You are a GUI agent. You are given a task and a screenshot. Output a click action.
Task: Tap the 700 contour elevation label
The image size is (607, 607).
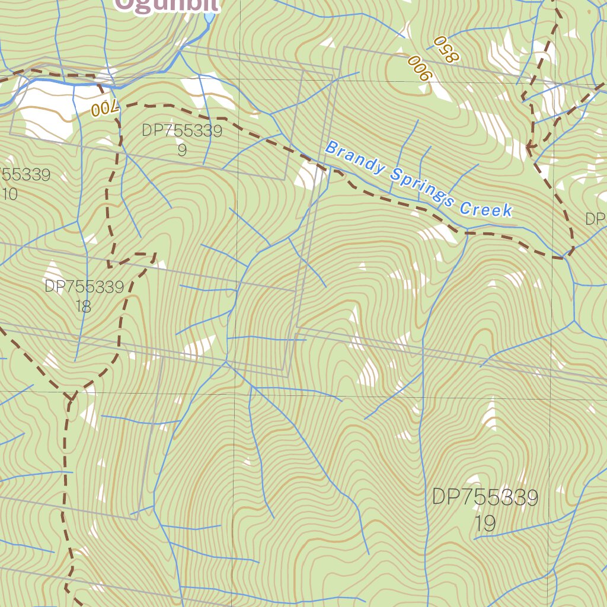tap(106, 108)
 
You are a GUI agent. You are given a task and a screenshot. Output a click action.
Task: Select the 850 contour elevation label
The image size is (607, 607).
tap(446, 49)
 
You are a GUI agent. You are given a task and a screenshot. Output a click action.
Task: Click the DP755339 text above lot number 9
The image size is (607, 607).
tap(182, 131)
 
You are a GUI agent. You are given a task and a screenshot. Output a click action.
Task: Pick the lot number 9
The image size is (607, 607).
tap(182, 150)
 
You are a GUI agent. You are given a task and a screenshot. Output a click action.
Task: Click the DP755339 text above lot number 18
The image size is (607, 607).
tap(84, 287)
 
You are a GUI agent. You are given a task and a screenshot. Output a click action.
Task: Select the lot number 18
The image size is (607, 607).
tap(84, 306)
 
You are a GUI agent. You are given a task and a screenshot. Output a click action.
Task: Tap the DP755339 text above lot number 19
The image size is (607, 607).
tap(485, 497)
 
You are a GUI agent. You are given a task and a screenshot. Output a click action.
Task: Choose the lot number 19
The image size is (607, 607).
tap(485, 523)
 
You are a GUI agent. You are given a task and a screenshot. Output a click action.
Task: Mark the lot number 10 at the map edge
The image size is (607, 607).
tap(9, 194)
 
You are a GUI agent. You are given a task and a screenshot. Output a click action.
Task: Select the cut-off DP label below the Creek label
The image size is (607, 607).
tap(595, 219)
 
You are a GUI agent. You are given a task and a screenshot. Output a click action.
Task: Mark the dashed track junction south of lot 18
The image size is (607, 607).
tap(71, 396)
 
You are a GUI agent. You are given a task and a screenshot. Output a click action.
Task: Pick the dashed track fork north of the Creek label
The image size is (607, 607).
tap(529, 146)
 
